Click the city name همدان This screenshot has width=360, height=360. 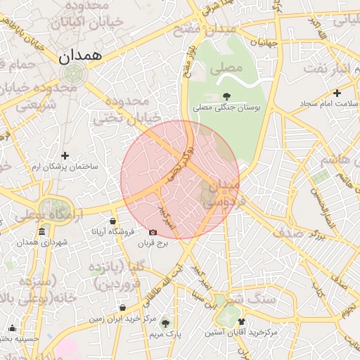pos(81,55)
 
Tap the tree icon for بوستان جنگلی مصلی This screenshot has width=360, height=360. pos(226,96)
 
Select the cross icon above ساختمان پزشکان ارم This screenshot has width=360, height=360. pos(65,155)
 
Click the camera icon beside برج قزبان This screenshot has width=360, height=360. pos(153,232)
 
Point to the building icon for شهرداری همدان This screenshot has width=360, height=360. pos(41,232)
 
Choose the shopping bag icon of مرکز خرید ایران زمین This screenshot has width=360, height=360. pos(123,307)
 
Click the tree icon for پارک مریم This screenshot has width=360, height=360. pos(165,323)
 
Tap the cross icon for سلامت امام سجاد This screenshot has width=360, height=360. pos(337,93)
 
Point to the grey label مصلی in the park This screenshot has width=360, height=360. pos(226,69)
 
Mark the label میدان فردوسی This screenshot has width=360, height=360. pos(223,191)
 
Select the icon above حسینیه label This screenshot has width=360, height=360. pos(12,328)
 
